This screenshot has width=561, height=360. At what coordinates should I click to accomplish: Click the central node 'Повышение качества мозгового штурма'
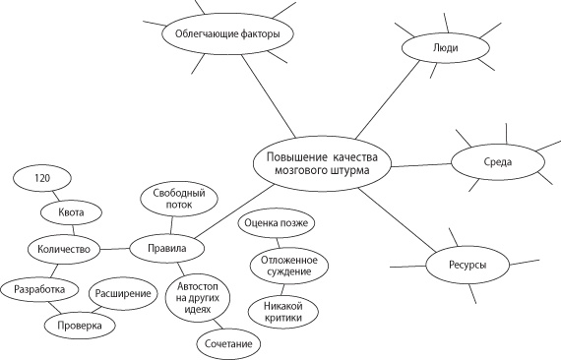click(322, 163)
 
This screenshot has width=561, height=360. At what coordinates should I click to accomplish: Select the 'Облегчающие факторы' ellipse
click(227, 34)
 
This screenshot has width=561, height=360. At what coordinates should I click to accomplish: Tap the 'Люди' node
click(446, 48)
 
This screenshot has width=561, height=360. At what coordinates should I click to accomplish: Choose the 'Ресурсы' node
click(467, 265)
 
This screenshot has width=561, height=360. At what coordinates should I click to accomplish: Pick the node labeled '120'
click(42, 178)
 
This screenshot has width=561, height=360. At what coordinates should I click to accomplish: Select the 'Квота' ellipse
click(71, 212)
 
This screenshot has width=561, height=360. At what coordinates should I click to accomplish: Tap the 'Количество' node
click(64, 249)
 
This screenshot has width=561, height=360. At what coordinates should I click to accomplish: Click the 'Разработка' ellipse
click(39, 289)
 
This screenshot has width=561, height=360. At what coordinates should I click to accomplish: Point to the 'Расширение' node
click(123, 293)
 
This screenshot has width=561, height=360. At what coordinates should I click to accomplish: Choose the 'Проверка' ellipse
click(80, 326)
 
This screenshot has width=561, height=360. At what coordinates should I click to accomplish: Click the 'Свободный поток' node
click(179, 199)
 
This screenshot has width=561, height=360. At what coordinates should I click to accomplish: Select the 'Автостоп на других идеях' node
click(198, 297)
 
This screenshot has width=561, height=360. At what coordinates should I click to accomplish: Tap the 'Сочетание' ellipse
click(228, 344)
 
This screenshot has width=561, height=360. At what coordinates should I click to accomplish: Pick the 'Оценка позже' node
click(277, 222)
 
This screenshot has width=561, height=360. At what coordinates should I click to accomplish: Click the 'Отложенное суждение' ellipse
click(288, 266)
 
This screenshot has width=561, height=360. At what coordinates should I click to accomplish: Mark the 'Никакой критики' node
click(283, 312)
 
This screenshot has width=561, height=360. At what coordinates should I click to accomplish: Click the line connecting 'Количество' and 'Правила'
click(115, 249)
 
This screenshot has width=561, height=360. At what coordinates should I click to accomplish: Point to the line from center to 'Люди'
click(388, 99)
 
